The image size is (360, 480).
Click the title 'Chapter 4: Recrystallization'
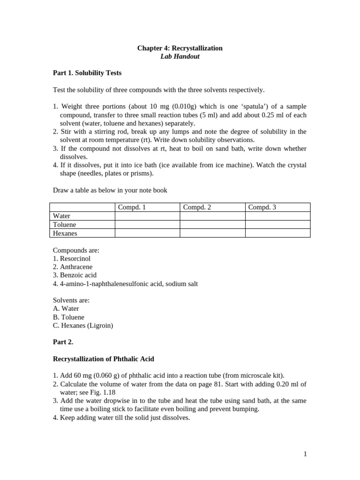pos(180,48)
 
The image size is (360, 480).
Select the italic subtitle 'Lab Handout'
pos(180,57)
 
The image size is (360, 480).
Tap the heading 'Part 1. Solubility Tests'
pos(87,73)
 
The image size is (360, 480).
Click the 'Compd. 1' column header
pos(132,207)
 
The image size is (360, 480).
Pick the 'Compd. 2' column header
pos(197,207)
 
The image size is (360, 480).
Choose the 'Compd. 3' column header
pos(262,207)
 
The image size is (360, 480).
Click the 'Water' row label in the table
pos(62,216)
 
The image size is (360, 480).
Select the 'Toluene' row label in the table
pos(65,225)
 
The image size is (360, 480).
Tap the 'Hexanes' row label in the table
pos(65,233)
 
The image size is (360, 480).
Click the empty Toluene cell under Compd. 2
pos(212,225)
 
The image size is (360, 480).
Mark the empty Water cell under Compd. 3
pos(277,216)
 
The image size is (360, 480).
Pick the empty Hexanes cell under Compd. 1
pos(147,233)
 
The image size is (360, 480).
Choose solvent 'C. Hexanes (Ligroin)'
pos(83,325)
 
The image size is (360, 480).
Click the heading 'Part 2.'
pos(63,342)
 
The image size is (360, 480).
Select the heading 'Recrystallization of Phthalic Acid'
pos(104,359)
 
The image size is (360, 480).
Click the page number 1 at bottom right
pos(305,454)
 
